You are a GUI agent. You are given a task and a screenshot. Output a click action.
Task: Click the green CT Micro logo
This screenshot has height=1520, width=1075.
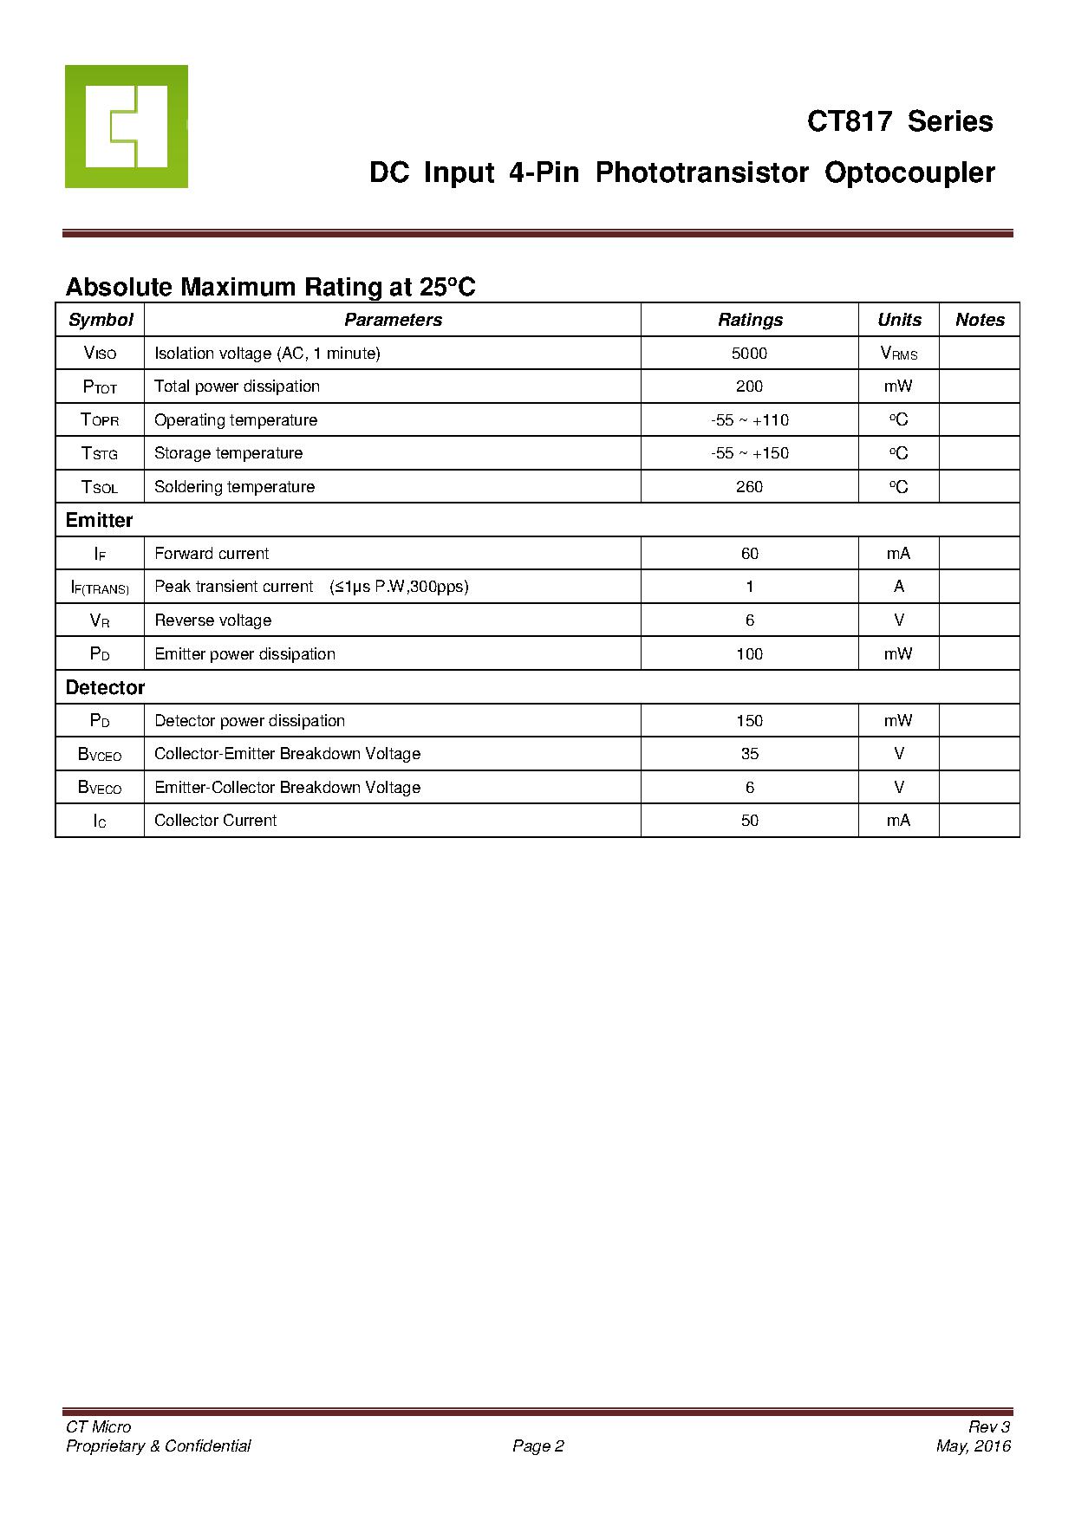127,127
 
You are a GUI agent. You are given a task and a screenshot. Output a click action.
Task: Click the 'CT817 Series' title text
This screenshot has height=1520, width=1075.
900,121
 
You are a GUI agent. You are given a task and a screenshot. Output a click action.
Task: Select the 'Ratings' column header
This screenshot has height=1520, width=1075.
750,320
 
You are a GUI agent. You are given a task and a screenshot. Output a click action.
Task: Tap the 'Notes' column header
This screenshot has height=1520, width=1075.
980,320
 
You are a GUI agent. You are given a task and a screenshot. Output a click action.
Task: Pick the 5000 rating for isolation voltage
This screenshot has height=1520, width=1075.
749,354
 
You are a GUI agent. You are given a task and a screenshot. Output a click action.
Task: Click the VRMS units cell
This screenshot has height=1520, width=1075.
898,354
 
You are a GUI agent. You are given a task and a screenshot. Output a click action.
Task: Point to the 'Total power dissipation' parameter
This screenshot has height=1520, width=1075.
237,386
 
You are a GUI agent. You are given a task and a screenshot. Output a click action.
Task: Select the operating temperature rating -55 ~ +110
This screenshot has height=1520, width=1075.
749,420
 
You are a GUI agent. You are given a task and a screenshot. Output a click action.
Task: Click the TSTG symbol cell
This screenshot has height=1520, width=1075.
100,453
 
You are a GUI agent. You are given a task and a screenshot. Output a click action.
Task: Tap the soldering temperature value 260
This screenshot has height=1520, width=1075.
749,487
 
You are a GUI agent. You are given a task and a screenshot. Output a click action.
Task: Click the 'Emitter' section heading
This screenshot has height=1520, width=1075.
99,521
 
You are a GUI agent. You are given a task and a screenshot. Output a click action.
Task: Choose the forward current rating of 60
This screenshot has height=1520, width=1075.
749,554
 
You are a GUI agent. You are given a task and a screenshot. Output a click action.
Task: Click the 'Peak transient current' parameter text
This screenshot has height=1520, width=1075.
234,587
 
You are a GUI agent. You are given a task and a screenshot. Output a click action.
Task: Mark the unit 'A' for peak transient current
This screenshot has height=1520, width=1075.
898,587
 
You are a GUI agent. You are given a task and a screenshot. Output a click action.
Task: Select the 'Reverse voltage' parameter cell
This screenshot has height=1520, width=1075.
213,620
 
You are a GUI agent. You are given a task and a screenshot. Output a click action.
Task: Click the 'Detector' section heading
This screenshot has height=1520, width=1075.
105,688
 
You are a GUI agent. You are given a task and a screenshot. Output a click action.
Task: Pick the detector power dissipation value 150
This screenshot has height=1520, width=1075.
749,721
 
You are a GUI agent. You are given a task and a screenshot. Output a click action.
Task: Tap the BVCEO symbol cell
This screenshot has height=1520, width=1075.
100,755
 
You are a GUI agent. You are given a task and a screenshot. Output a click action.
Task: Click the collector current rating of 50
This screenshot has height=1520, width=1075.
749,821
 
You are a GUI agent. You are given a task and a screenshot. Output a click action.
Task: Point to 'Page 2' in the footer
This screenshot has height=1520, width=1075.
537,1446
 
